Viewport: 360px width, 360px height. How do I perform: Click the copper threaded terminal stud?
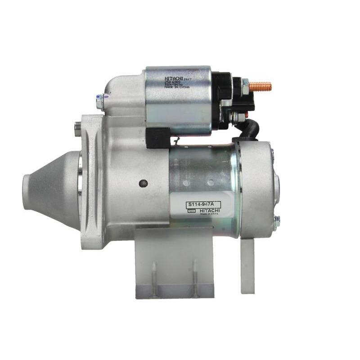(x=261, y=86)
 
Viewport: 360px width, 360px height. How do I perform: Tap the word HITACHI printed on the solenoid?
(x=174, y=79)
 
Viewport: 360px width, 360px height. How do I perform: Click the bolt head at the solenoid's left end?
(x=100, y=102)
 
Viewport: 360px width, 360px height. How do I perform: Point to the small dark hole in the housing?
(x=143, y=183)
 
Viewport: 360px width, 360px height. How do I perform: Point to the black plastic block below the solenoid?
(x=158, y=137)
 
